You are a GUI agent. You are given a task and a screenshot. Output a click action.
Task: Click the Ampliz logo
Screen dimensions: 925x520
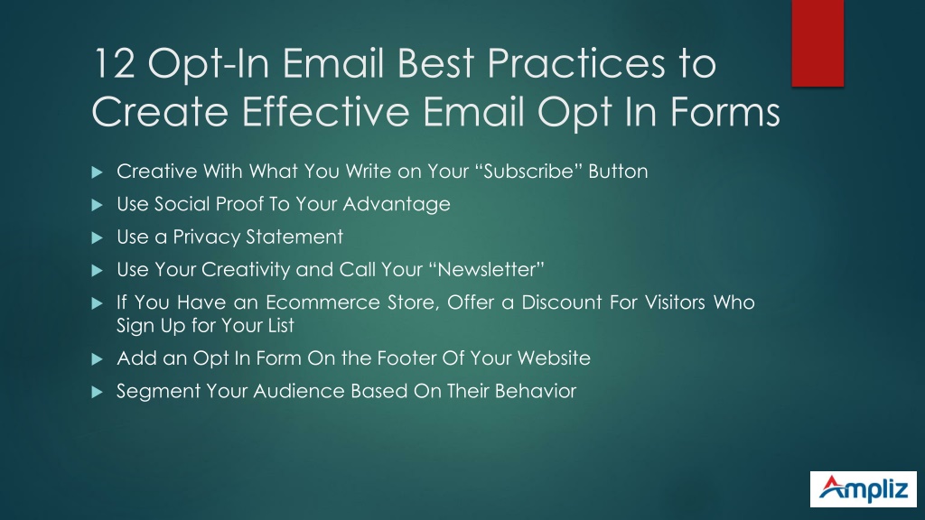click(x=863, y=488)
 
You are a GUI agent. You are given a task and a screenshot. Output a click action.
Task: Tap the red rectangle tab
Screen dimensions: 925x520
click(x=818, y=43)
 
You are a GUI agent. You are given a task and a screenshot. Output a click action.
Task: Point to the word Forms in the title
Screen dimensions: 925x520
click(x=725, y=111)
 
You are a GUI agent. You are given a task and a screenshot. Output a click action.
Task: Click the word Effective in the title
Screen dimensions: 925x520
click(x=325, y=111)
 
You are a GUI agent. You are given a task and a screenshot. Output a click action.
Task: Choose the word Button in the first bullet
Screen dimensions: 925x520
click(x=618, y=171)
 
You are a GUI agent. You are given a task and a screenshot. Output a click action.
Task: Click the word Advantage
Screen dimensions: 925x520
click(x=397, y=205)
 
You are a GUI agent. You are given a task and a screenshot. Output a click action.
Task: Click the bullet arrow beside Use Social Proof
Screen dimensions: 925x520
click(x=98, y=205)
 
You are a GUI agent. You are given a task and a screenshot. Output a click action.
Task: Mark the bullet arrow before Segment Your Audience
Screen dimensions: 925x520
click(x=98, y=392)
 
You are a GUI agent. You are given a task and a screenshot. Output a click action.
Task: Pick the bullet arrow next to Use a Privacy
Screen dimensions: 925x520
click(x=98, y=238)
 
